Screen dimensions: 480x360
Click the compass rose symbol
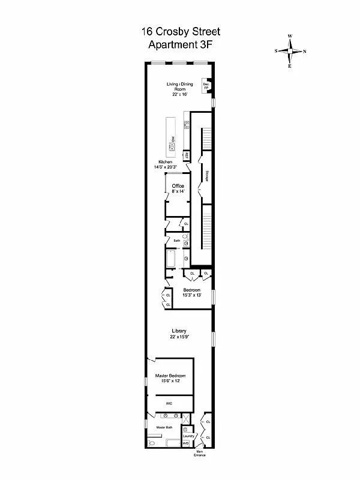pyautogui.click(x=290, y=51)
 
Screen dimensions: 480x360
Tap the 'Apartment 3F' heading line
pyautogui.click(x=179, y=45)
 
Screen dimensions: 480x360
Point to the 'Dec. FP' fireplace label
pyautogui.click(x=206, y=86)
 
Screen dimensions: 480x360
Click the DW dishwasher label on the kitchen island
pyautogui.click(x=172, y=140)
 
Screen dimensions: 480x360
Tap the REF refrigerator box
pyautogui.click(x=187, y=155)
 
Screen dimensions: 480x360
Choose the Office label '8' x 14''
pyautogui.click(x=178, y=188)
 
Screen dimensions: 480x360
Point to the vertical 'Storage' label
pyautogui.click(x=207, y=176)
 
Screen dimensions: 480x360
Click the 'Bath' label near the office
pyautogui.click(x=176, y=240)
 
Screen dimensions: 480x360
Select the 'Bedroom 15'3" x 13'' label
pyautogui.click(x=192, y=292)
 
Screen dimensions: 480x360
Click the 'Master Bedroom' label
pyautogui.click(x=170, y=378)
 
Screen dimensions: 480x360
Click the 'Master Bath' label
pyautogui.click(x=164, y=427)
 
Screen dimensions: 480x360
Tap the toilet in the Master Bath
pyautogui.click(x=152, y=443)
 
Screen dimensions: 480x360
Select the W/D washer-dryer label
pyautogui.click(x=185, y=443)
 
